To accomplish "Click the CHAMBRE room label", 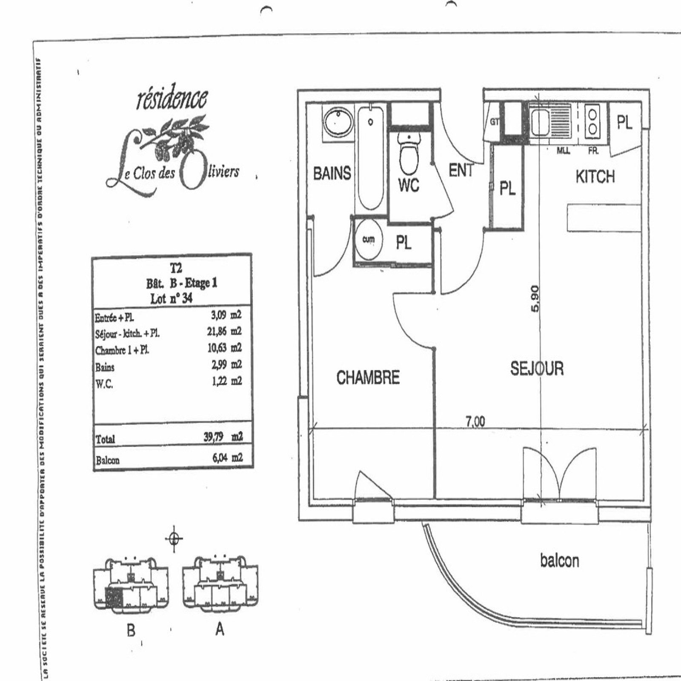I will [x=368, y=378].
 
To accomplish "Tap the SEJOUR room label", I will [x=537, y=369].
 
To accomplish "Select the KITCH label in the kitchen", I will [x=595, y=177].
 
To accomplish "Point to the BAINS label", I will [x=332, y=173].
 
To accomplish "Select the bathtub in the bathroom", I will [x=371, y=157].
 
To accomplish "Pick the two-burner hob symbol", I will [x=592, y=121].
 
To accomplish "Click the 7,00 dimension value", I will [x=475, y=421].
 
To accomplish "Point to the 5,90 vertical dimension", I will [x=535, y=298].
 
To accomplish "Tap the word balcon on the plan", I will [x=560, y=561].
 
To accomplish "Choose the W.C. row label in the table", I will [x=104, y=384].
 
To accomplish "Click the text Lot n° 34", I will [x=171, y=298].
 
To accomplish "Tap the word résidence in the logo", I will [x=172, y=99].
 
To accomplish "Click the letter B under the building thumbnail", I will [x=131, y=630].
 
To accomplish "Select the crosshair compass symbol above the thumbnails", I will [x=174, y=539].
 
